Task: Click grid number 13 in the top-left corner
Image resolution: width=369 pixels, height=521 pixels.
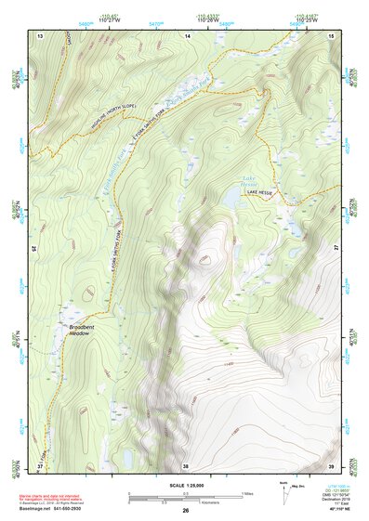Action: pos(40,34)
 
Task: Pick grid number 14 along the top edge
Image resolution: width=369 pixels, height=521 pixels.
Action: pos(187,34)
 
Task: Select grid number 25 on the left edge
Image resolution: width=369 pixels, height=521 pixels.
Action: pos(33,249)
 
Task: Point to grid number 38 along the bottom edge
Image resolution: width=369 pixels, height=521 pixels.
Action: pos(186,465)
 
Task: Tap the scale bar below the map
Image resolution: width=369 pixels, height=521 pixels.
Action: pos(186,497)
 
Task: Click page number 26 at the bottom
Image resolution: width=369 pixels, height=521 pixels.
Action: pos(186,511)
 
